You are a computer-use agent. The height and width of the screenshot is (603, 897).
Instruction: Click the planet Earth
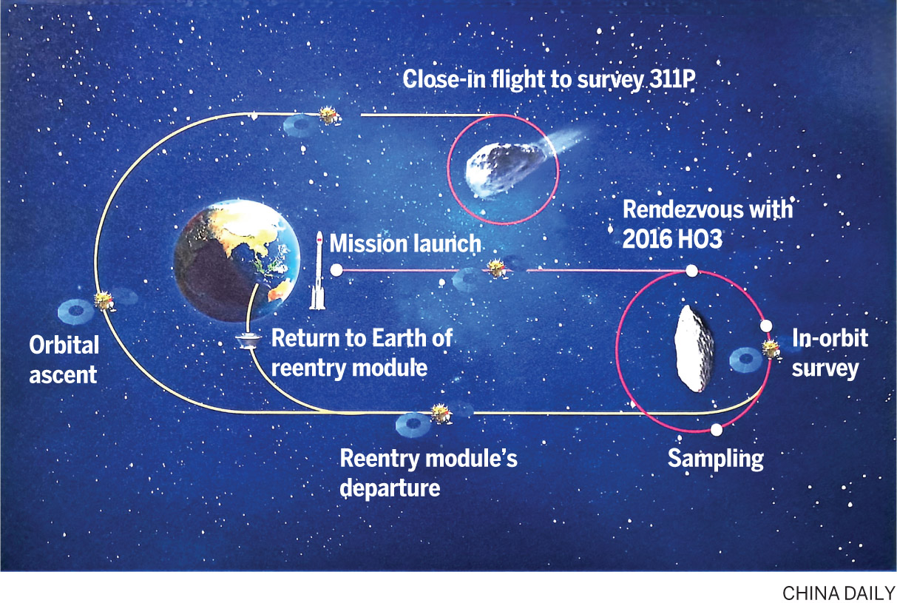pos(237,261)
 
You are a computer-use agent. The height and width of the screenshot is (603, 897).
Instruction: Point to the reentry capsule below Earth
pos(248,341)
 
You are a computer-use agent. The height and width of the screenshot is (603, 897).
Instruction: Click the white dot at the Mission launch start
pos(336,270)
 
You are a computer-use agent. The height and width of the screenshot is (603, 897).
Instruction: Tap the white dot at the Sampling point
pos(717,430)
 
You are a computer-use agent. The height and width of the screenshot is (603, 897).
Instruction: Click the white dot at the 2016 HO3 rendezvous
pos(691,271)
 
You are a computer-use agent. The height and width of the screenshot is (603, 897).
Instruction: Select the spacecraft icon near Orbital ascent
pos(105,302)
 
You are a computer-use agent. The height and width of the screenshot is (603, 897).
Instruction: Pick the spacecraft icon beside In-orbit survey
pos(771,349)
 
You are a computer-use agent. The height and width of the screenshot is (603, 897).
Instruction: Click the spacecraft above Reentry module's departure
pos(441,414)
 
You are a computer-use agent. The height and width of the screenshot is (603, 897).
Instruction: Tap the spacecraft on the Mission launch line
pos(496,269)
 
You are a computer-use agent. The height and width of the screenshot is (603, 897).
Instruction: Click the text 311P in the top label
pos(672,79)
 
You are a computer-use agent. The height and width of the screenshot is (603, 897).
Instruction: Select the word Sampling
pos(716,459)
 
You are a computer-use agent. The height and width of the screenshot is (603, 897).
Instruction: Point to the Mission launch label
pos(405,243)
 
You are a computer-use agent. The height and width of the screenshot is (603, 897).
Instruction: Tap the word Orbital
pos(64,345)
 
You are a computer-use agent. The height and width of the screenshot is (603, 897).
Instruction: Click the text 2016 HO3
pos(672,239)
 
